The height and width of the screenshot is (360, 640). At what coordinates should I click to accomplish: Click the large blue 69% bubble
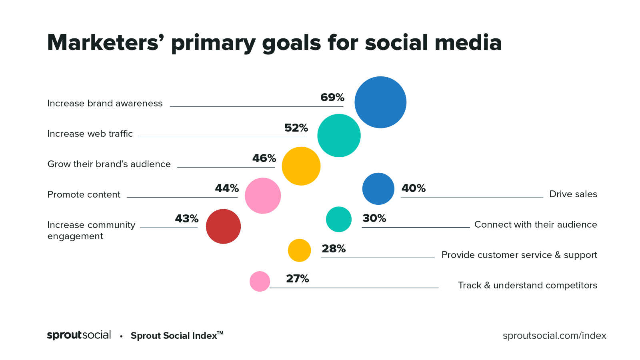click(380, 102)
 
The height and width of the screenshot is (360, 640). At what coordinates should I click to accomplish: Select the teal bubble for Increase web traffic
click(339, 136)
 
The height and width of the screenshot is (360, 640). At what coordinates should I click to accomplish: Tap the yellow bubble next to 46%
click(301, 166)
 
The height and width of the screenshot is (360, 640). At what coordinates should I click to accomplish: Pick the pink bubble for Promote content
click(263, 196)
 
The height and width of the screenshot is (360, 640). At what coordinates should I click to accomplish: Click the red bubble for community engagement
click(223, 226)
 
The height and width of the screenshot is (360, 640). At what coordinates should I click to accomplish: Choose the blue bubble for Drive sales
click(378, 189)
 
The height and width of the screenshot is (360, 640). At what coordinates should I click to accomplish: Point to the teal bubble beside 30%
click(339, 219)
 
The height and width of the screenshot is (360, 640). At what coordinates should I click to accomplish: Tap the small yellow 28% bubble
click(299, 250)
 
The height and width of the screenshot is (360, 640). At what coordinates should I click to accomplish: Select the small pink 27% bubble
click(260, 282)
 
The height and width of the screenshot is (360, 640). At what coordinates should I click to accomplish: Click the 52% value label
click(296, 128)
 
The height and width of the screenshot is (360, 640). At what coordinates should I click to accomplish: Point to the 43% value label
click(186, 219)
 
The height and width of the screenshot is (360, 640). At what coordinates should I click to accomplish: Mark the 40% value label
click(413, 188)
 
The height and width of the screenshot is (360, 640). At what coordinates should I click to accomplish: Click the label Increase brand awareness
click(105, 104)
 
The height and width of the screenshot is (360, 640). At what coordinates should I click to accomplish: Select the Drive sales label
click(573, 194)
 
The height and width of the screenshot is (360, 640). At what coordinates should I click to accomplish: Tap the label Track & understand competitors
click(527, 286)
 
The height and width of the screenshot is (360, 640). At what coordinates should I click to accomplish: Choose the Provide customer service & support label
click(519, 255)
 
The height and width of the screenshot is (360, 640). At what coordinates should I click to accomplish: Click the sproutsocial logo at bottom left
click(79, 335)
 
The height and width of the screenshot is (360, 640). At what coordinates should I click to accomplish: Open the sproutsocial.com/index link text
click(554, 336)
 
